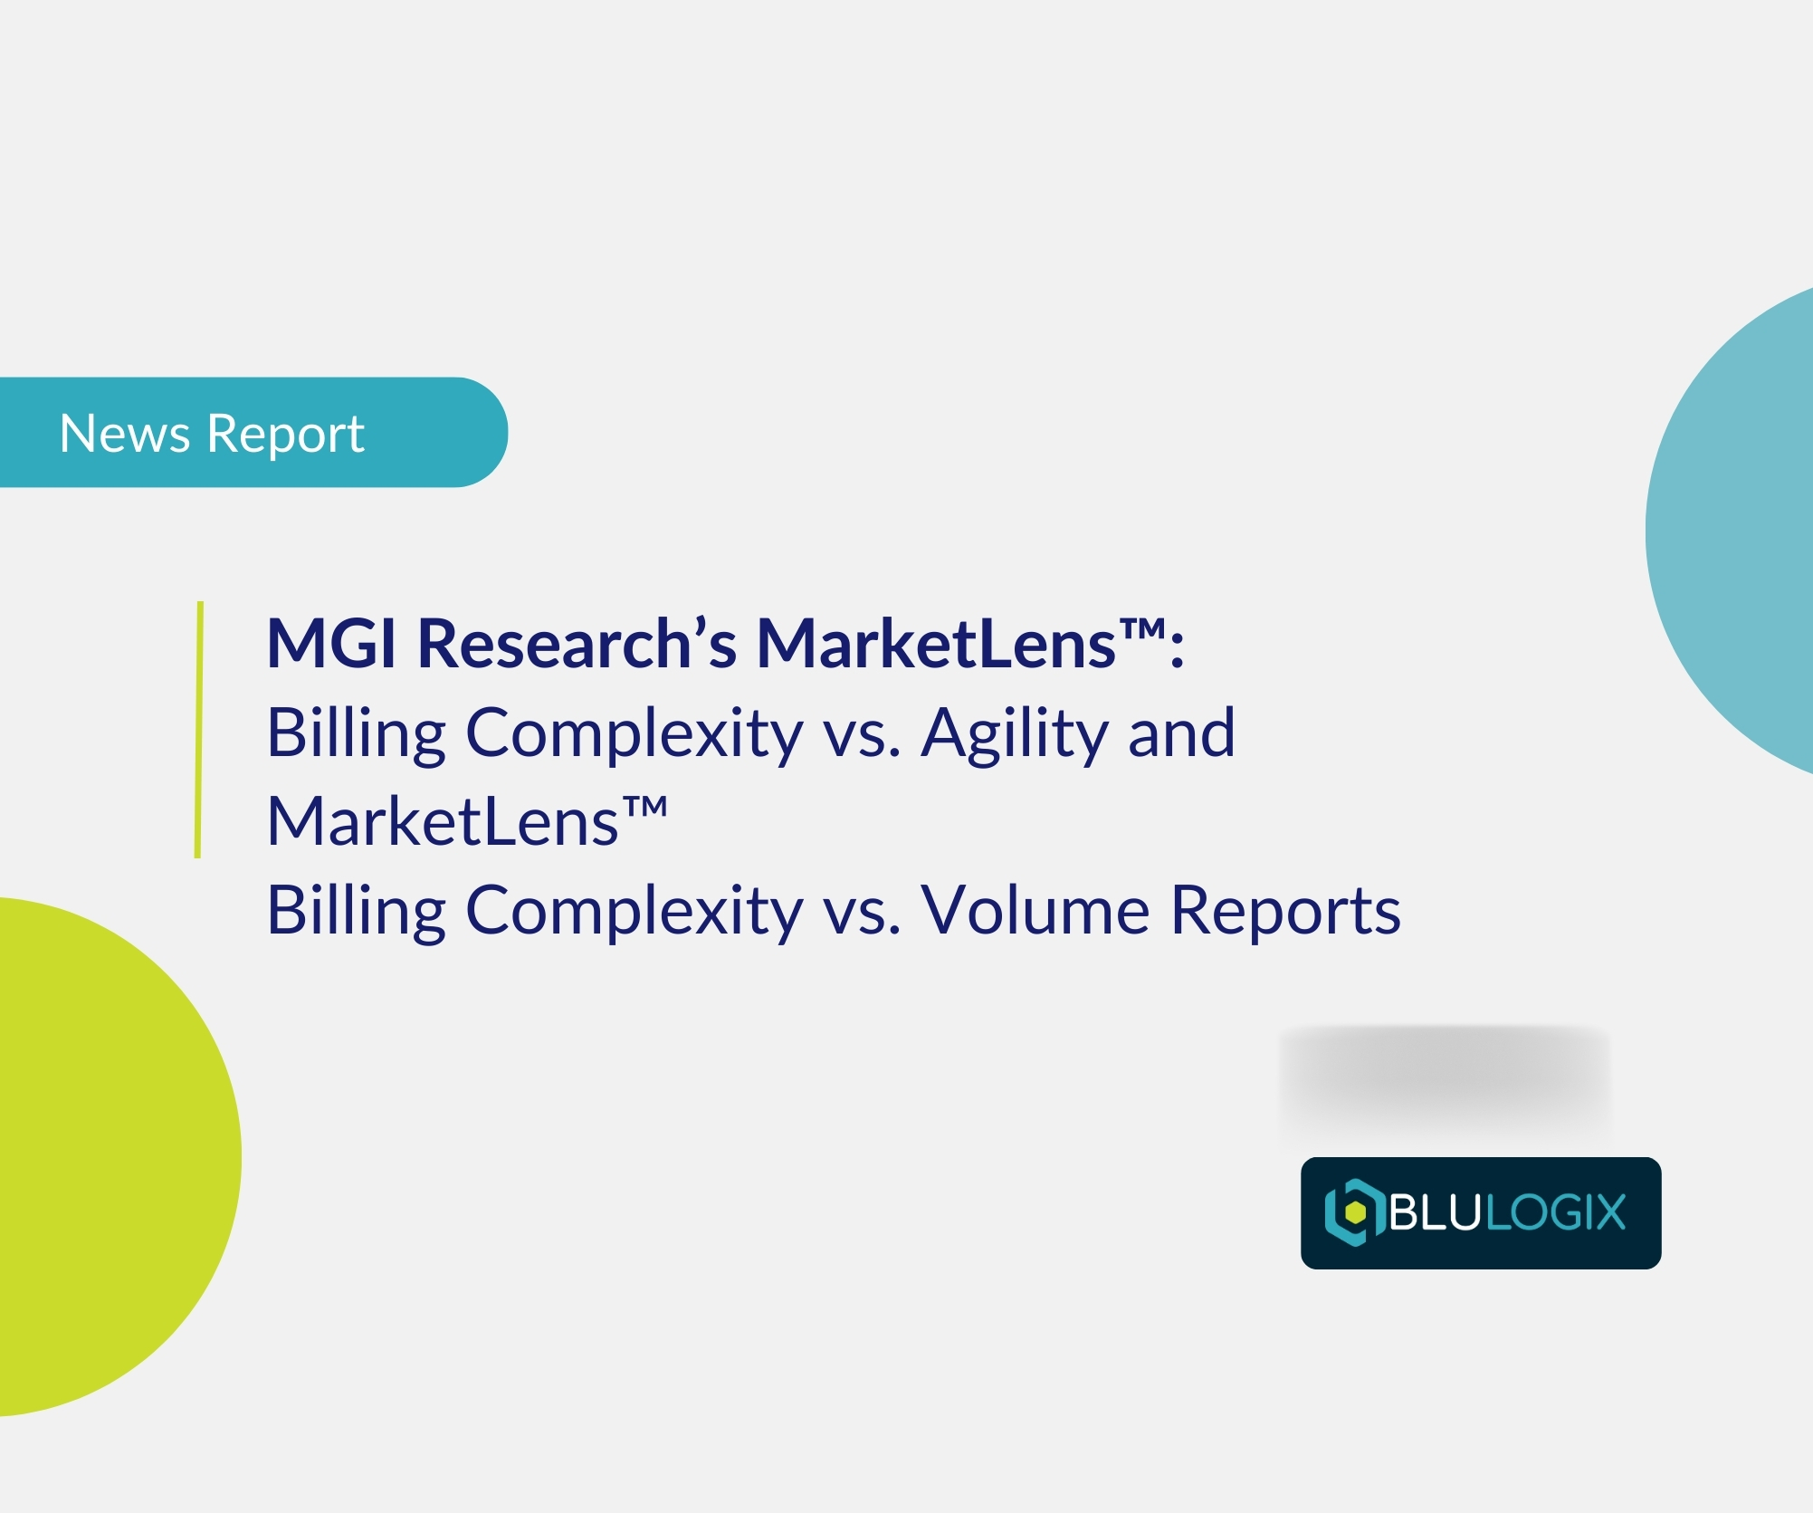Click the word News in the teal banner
pyautogui.click(x=124, y=433)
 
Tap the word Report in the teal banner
pyautogui.click(x=285, y=435)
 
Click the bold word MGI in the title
pyautogui.click(x=331, y=644)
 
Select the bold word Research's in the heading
pyautogui.click(x=577, y=644)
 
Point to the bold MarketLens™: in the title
pyautogui.click(x=969, y=644)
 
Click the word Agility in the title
pyautogui.click(x=1015, y=734)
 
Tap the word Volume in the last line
pyautogui.click(x=1035, y=910)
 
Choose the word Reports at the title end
pyautogui.click(x=1285, y=912)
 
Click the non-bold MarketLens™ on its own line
pyautogui.click(x=467, y=821)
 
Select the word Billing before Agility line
pyautogui.click(x=356, y=734)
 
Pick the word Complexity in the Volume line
pyautogui.click(x=634, y=912)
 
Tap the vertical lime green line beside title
pyautogui.click(x=198, y=729)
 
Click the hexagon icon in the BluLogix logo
pyautogui.click(x=1354, y=1212)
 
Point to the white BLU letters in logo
pyautogui.click(x=1436, y=1213)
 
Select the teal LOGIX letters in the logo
pyautogui.click(x=1555, y=1213)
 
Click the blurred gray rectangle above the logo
pyautogui.click(x=1445, y=1083)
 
